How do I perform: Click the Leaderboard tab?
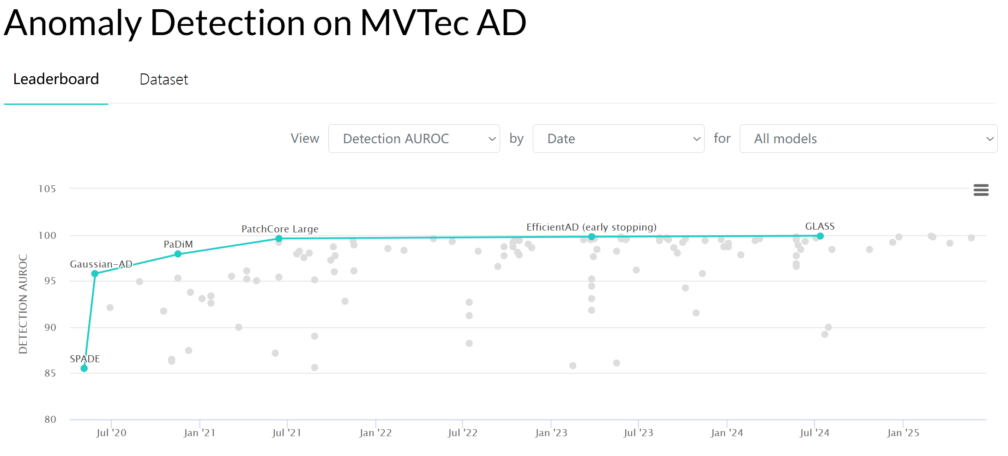[x=56, y=79]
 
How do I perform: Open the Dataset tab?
[x=163, y=79]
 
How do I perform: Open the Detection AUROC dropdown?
[x=414, y=139]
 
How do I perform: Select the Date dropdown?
[x=618, y=139]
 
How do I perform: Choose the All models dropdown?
[x=868, y=139]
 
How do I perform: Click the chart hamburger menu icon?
[x=981, y=190]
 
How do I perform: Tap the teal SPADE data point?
[x=84, y=368]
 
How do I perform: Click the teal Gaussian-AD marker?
[x=95, y=274]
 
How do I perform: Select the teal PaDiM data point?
[x=178, y=254]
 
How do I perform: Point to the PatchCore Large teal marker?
[x=279, y=238]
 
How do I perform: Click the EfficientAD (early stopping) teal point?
[x=592, y=237]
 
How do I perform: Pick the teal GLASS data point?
[x=820, y=236]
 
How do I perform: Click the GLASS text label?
[x=820, y=226]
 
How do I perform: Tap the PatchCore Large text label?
[x=280, y=229]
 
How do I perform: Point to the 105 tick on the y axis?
[x=47, y=188]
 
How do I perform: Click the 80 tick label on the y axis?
[x=50, y=420]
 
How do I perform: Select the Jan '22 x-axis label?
[x=375, y=433]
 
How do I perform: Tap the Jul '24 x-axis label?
[x=815, y=433]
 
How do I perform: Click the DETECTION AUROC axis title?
[x=23, y=304]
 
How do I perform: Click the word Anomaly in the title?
[x=72, y=23]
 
